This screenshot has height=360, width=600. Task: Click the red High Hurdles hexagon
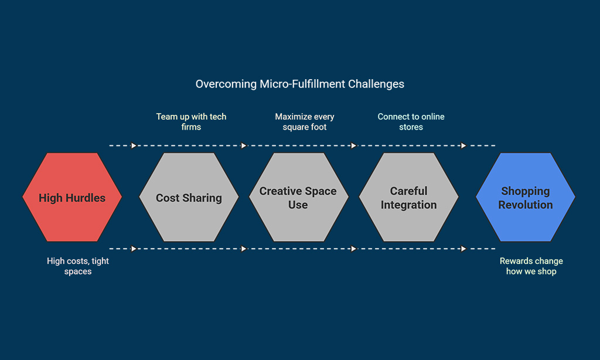(72, 197)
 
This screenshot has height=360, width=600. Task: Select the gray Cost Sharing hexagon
(189, 197)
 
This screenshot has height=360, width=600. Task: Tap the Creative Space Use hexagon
(298, 197)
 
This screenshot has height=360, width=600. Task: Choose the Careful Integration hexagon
(408, 197)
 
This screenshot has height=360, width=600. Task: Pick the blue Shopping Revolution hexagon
(526, 197)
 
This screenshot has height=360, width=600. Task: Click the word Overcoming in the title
(226, 84)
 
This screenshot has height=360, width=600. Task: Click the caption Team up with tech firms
(191, 122)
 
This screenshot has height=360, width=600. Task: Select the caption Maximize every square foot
(305, 122)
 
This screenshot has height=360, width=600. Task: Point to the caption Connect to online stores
(411, 122)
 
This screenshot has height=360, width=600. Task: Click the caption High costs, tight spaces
(78, 266)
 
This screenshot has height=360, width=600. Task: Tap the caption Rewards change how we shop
(531, 266)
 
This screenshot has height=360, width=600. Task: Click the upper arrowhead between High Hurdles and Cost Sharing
(134, 145)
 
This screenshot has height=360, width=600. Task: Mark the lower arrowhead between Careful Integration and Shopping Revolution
(463, 249)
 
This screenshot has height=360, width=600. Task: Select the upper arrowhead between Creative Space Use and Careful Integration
(353, 145)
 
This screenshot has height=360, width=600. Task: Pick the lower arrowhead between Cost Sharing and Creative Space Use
(243, 249)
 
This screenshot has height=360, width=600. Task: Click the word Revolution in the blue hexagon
(526, 205)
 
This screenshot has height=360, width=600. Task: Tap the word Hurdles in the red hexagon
(85, 198)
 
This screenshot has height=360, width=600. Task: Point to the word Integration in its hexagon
(408, 205)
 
